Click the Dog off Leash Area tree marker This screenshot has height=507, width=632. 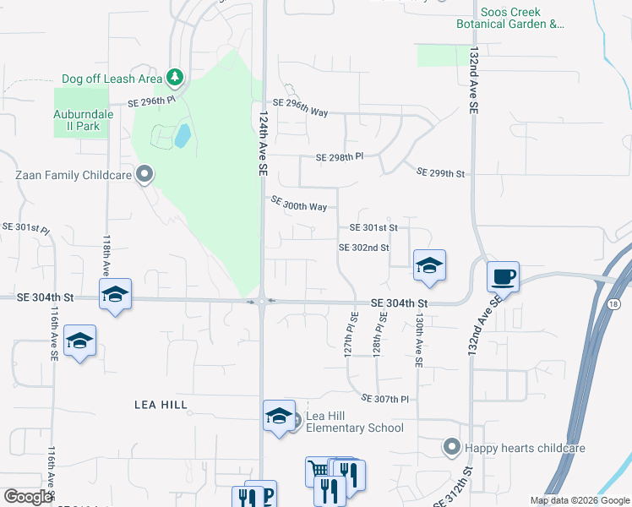point(175,79)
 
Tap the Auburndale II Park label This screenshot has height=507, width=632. point(76,120)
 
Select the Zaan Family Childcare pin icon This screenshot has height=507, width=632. point(144,175)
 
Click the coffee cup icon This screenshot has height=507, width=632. point(503,276)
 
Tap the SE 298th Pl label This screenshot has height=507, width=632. point(339,157)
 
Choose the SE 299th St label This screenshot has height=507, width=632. point(441,173)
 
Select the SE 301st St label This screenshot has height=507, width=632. point(373,227)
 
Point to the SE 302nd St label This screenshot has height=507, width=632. point(363,248)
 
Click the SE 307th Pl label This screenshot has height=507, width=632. point(384,399)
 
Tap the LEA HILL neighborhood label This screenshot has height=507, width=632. point(161,405)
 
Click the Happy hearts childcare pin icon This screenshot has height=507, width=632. point(452,445)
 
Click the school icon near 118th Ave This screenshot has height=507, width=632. point(115,294)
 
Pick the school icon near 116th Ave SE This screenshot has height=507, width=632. point(79,341)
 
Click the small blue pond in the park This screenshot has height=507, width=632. point(182,135)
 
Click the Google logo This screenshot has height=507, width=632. point(28,497)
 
